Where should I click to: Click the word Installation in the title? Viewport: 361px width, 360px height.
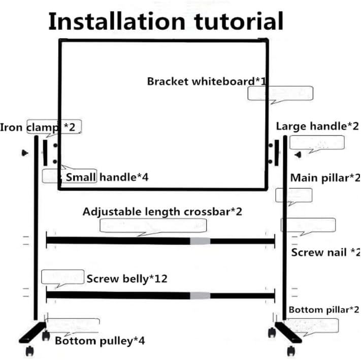(x=117, y=21)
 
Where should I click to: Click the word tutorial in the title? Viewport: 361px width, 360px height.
(x=239, y=21)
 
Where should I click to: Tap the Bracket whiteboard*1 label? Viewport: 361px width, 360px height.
(x=207, y=81)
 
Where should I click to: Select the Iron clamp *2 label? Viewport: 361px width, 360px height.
(x=38, y=127)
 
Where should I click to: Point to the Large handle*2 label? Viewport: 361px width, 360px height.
(x=317, y=126)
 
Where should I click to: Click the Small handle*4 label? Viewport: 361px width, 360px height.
(x=107, y=177)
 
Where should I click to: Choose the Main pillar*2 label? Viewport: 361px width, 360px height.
(x=325, y=178)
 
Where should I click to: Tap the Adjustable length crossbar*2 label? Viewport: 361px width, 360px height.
(x=162, y=212)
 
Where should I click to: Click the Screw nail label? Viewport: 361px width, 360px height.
(x=319, y=253)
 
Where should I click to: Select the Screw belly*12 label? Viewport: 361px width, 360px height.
(x=127, y=279)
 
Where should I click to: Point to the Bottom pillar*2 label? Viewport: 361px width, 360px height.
(x=324, y=310)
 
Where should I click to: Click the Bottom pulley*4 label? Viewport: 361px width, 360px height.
(x=100, y=341)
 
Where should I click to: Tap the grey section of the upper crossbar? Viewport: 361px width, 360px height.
(x=200, y=241)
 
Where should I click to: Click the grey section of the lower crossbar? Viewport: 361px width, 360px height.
(x=200, y=296)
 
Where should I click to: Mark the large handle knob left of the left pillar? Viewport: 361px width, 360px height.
(x=25, y=153)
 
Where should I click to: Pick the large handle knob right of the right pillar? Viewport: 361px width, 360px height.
(x=299, y=155)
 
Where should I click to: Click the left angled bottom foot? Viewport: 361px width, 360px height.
(x=32, y=333)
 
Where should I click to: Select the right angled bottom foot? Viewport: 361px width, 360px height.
(x=288, y=333)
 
